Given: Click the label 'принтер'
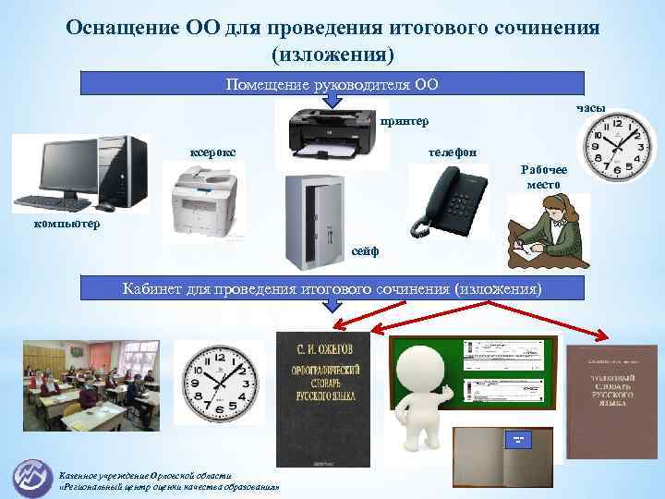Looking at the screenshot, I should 399,122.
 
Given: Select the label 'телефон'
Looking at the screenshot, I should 453,151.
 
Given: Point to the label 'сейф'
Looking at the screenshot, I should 366,251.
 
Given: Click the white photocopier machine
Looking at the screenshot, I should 205,199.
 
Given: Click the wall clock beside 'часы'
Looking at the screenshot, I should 615,148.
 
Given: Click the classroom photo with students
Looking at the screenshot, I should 91,381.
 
